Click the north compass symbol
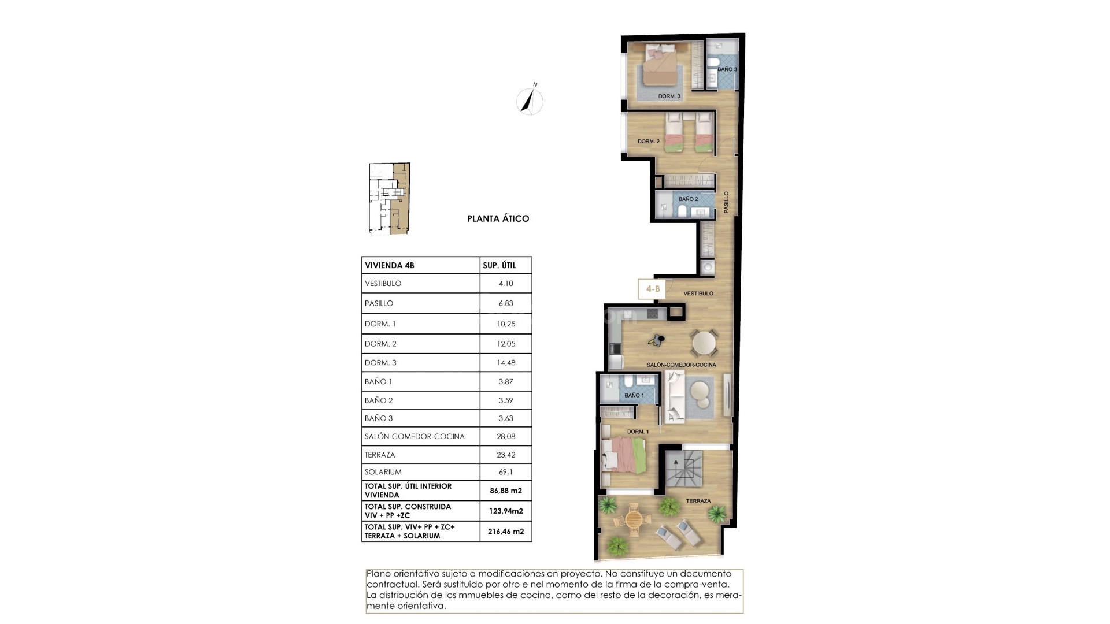tap(530, 102)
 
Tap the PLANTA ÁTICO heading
tap(498, 219)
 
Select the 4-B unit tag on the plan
tap(652, 289)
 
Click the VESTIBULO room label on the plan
tap(698, 294)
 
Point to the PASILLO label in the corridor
tap(727, 202)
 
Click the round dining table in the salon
tap(704, 344)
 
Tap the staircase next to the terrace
tap(683, 469)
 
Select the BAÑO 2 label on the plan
tap(688, 199)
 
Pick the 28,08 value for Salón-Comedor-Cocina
tap(505, 437)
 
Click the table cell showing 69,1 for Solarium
tap(505, 472)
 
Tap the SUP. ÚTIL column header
tap(499, 266)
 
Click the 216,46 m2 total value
tap(505, 532)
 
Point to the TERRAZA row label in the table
tap(380, 455)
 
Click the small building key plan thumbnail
tap(390, 199)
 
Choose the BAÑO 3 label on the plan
tap(727, 69)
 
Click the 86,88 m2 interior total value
tap(505, 491)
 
